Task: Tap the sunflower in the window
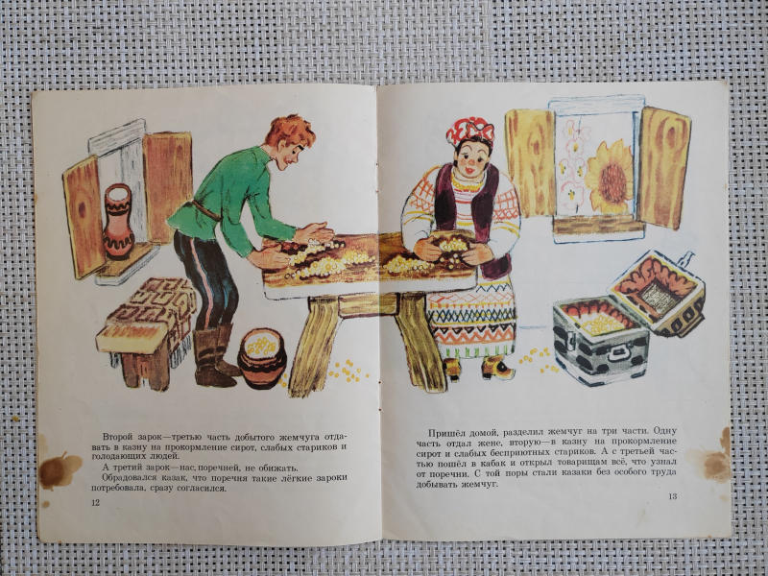click(x=610, y=178)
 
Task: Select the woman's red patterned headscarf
click(x=469, y=131)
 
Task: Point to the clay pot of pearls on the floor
click(x=262, y=357)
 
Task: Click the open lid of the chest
click(x=657, y=293)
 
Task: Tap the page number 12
click(x=95, y=502)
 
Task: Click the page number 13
click(x=673, y=496)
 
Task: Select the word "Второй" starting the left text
click(x=115, y=437)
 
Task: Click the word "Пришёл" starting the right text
click(x=443, y=433)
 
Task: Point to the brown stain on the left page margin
click(x=59, y=469)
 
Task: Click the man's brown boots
click(x=214, y=355)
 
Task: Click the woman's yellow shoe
click(x=497, y=368)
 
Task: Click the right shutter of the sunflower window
click(x=662, y=167)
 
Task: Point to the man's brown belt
click(x=205, y=209)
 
